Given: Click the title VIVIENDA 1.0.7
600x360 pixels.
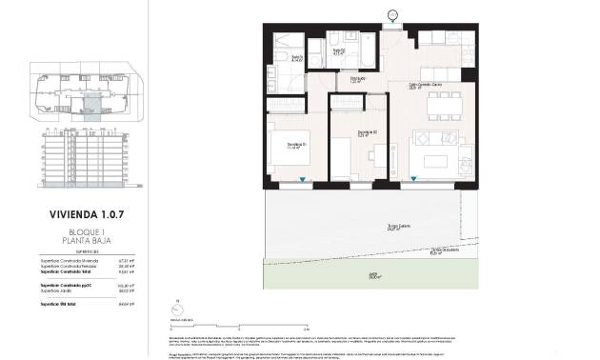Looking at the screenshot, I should (87, 215).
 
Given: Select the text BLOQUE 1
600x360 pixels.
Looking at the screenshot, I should (87, 232).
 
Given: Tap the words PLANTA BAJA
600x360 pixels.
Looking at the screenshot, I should (87, 242).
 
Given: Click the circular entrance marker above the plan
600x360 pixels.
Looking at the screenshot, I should (393, 13).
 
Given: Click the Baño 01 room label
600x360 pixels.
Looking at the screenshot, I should (297, 60).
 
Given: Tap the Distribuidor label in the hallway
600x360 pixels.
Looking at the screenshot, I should (357, 79).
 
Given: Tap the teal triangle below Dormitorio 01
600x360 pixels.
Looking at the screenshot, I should (303, 179).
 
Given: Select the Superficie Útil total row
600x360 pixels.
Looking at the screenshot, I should (87, 303).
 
